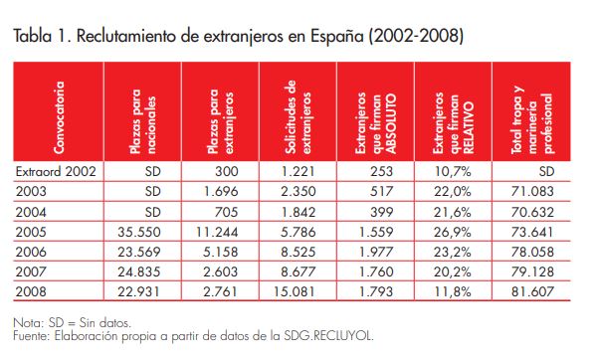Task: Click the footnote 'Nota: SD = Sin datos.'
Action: (75, 323)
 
